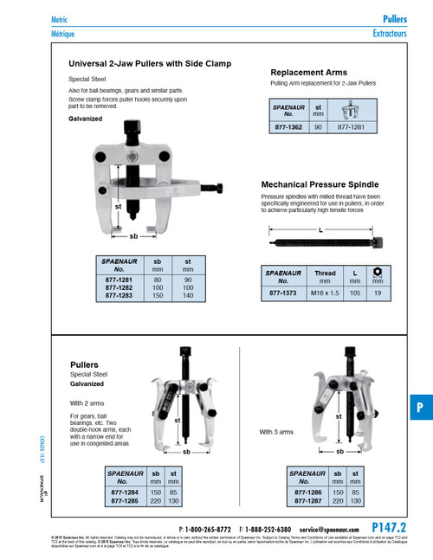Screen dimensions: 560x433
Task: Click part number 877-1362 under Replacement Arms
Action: click(288, 126)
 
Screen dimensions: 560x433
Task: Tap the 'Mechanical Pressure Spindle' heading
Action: click(320, 184)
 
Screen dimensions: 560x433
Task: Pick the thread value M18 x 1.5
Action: click(325, 293)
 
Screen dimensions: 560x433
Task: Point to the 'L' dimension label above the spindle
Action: click(321, 229)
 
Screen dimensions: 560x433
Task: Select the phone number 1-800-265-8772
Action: click(209, 528)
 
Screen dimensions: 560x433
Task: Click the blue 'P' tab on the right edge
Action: click(418, 408)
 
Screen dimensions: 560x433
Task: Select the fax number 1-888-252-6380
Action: click(265, 528)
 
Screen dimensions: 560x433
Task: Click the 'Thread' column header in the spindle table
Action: click(325, 273)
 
